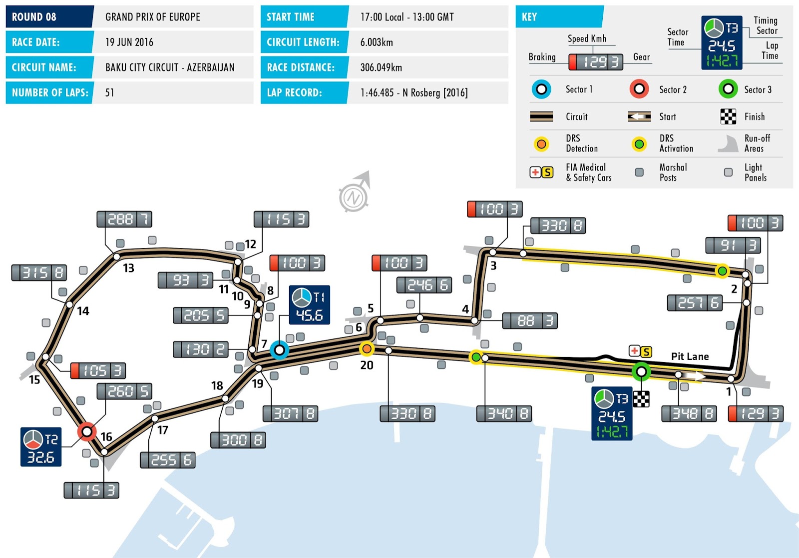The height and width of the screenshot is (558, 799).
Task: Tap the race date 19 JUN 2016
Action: tap(129, 42)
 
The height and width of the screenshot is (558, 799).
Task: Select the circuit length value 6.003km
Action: tap(377, 42)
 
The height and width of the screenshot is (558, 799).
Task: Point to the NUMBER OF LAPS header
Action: tap(50, 92)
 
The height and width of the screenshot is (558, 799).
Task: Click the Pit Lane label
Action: tap(690, 356)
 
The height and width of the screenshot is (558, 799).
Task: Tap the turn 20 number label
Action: tap(367, 365)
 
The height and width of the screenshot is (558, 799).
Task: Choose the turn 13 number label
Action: tap(128, 268)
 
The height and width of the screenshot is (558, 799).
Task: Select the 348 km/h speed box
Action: tap(689, 413)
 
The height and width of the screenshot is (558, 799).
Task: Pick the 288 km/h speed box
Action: tap(124, 219)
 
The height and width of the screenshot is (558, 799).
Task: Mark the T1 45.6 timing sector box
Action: tap(310, 305)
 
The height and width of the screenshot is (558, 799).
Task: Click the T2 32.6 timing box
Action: tap(41, 447)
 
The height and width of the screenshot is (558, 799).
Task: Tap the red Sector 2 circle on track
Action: tap(87, 431)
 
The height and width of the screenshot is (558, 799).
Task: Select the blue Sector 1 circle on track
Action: tap(280, 349)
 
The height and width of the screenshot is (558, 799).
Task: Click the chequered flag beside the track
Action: tap(641, 398)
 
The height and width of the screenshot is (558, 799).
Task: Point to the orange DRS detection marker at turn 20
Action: tap(367, 348)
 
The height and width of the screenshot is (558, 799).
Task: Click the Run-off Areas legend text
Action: tap(757, 143)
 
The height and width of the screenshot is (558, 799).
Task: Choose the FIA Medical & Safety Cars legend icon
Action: tap(541, 172)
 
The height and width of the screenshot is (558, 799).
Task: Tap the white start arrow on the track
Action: tap(694, 375)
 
